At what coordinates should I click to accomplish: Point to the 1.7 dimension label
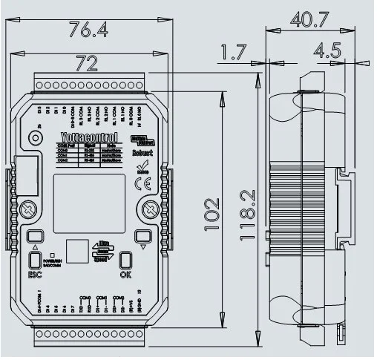(x=234, y=53)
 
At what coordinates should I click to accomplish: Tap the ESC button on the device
(x=35, y=260)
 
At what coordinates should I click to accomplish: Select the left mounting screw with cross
(x=30, y=209)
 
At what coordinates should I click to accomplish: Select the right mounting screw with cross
(x=147, y=209)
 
